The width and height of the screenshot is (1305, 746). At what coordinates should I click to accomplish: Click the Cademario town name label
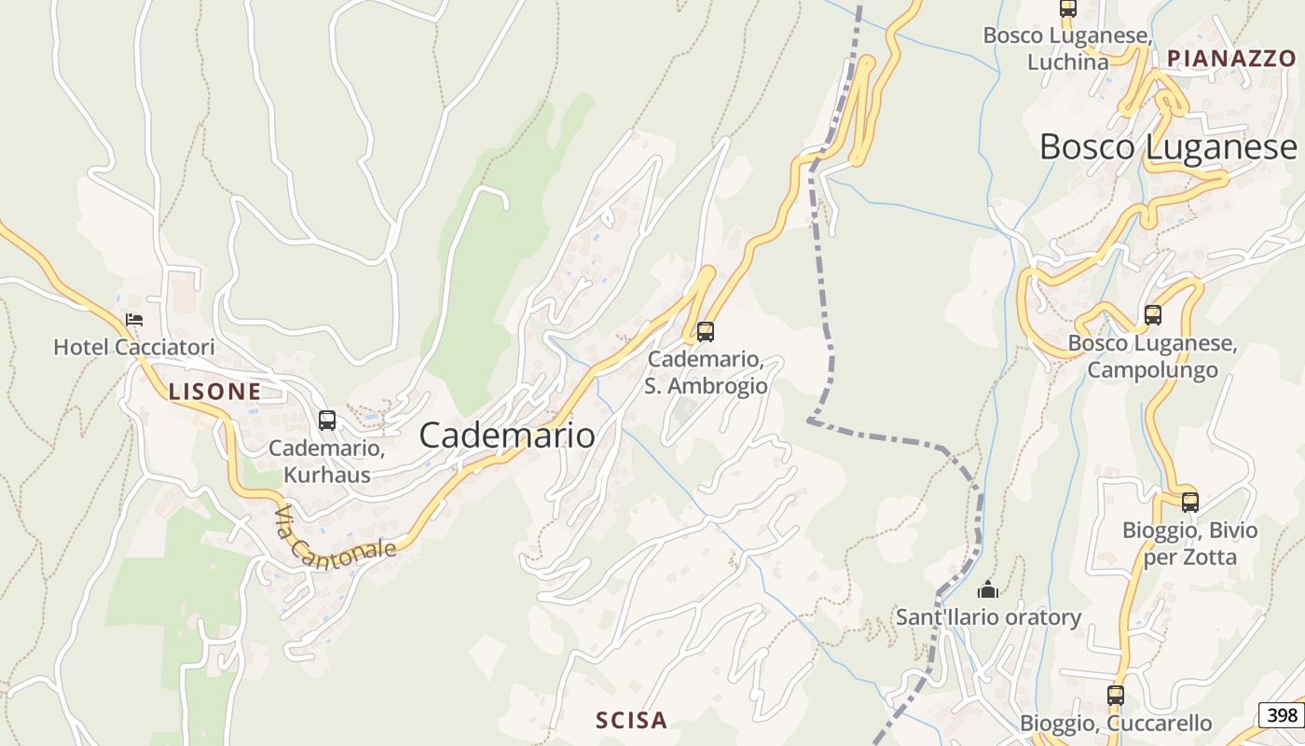(x=507, y=435)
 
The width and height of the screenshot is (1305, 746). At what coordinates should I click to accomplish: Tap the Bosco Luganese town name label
(x=1167, y=147)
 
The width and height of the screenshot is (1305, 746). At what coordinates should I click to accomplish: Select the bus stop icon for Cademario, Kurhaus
(x=326, y=421)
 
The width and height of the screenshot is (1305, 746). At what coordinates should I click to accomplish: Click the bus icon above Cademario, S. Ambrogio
(x=706, y=331)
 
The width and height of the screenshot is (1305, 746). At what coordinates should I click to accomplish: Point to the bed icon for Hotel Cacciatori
(x=134, y=320)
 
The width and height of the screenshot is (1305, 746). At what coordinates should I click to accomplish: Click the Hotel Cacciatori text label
(x=134, y=348)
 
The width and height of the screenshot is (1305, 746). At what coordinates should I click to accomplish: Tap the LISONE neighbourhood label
(x=214, y=392)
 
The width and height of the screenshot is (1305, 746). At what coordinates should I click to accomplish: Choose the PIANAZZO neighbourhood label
(x=1231, y=58)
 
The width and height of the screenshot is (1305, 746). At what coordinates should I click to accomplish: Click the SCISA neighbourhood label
(x=631, y=720)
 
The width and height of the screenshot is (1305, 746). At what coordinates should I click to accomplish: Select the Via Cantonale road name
(x=336, y=538)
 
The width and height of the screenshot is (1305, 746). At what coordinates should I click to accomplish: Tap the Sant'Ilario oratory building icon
(x=988, y=589)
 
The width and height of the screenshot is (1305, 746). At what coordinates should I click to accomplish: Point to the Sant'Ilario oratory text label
(x=988, y=617)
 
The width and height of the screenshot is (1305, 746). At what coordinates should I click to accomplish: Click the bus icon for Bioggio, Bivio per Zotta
(x=1190, y=503)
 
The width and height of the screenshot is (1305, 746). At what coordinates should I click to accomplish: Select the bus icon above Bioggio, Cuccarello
(x=1116, y=695)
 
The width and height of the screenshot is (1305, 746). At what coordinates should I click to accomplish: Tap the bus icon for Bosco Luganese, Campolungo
(x=1153, y=315)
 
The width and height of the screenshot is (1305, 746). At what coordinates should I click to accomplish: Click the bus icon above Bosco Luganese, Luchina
(x=1068, y=8)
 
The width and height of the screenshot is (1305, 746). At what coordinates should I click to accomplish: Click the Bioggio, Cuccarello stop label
(x=1116, y=724)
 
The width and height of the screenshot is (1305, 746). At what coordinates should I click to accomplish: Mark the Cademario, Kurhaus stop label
(x=326, y=462)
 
